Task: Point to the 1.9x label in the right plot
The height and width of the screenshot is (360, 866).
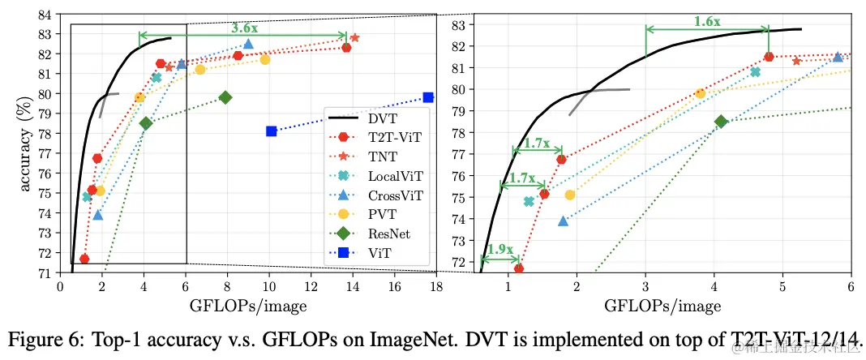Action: [x=500, y=250]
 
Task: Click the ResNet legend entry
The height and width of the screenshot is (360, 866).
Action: [x=388, y=234]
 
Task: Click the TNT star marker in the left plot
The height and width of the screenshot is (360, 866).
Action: [x=354, y=37]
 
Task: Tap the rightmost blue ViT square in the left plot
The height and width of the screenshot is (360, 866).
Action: [x=428, y=97]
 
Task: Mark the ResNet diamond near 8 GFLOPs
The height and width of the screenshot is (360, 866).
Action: [x=225, y=97]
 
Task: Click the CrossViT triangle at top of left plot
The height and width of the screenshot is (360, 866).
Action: [x=248, y=44]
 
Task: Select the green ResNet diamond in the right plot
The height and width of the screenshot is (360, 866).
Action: [x=721, y=122]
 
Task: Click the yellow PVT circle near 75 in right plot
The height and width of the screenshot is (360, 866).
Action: [x=570, y=195]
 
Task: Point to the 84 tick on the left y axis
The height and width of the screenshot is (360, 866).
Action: [x=43, y=14]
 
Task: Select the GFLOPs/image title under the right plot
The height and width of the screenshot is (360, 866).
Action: [x=662, y=306]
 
